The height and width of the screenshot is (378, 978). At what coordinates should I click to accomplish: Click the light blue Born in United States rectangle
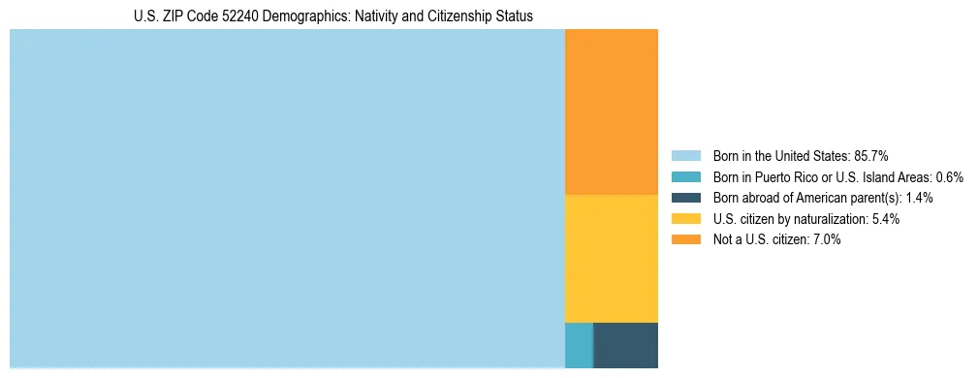pos(287,199)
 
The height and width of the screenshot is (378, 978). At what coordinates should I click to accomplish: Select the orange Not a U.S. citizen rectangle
pos(611,111)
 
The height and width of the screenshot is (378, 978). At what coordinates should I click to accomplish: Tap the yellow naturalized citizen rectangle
pos(611,258)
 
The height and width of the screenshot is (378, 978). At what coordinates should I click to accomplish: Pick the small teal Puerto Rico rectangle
pos(579,344)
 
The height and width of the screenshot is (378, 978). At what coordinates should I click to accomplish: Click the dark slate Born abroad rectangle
pos(625,344)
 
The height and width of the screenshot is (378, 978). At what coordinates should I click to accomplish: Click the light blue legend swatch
pos(685,156)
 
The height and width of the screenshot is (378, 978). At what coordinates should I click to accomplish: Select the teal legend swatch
pos(685,177)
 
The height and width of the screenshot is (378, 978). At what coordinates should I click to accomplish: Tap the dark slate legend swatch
pos(685,198)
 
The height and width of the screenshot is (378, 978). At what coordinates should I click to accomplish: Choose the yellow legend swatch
pos(685,219)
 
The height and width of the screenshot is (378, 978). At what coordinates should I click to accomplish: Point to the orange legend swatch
pos(685,239)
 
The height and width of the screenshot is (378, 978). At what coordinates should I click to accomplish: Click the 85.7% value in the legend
pos(869,156)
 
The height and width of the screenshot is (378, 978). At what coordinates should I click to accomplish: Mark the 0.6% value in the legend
pos(949,177)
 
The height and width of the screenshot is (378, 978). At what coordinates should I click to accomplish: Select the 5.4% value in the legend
pos(886,219)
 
